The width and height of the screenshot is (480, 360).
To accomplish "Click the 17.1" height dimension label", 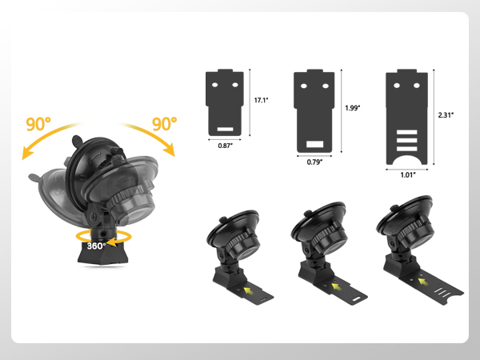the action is click(x=261, y=100).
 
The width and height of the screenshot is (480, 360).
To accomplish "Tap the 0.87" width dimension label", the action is click(x=226, y=146).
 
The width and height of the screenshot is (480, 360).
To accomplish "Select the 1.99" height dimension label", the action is click(x=353, y=108).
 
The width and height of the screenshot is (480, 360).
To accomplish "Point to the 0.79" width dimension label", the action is click(x=314, y=162).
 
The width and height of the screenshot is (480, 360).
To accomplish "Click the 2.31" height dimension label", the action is click(x=446, y=115).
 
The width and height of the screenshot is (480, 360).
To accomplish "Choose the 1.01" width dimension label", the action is click(x=408, y=174).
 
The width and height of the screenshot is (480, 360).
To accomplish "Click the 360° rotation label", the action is click(x=96, y=246).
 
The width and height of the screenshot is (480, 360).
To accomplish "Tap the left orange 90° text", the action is click(x=38, y=124).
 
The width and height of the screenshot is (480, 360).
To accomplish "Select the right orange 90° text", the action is click(x=164, y=123).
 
